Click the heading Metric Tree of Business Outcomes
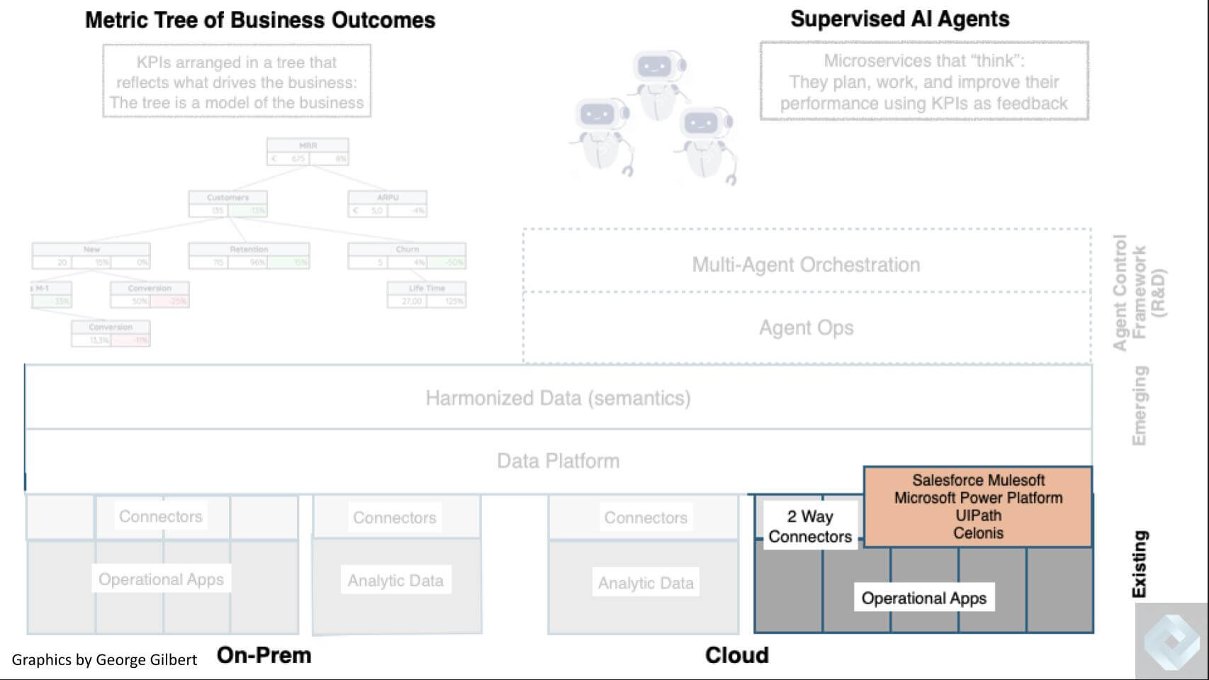(x=260, y=20)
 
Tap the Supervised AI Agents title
(x=899, y=19)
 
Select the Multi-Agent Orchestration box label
(x=806, y=264)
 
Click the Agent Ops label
(x=806, y=328)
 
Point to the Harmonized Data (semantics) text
(x=558, y=398)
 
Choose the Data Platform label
(x=558, y=461)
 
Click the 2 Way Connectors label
(x=810, y=526)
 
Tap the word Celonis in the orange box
(x=978, y=533)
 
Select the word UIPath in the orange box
(x=978, y=515)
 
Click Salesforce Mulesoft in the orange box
(x=978, y=480)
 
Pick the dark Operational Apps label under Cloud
(x=923, y=598)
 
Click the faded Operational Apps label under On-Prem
(x=161, y=579)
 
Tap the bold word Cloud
(x=736, y=655)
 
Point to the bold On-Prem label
(x=264, y=655)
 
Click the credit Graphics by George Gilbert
(x=104, y=660)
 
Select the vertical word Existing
(x=1139, y=564)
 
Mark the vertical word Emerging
(x=1139, y=406)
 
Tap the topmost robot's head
(x=655, y=67)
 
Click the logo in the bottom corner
(x=1171, y=641)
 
